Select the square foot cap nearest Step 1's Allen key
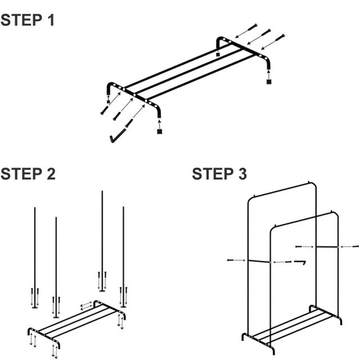pos(160,132)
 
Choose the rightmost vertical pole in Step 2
pos(123,247)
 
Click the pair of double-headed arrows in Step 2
pos(87,305)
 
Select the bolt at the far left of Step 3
pos(232,260)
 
